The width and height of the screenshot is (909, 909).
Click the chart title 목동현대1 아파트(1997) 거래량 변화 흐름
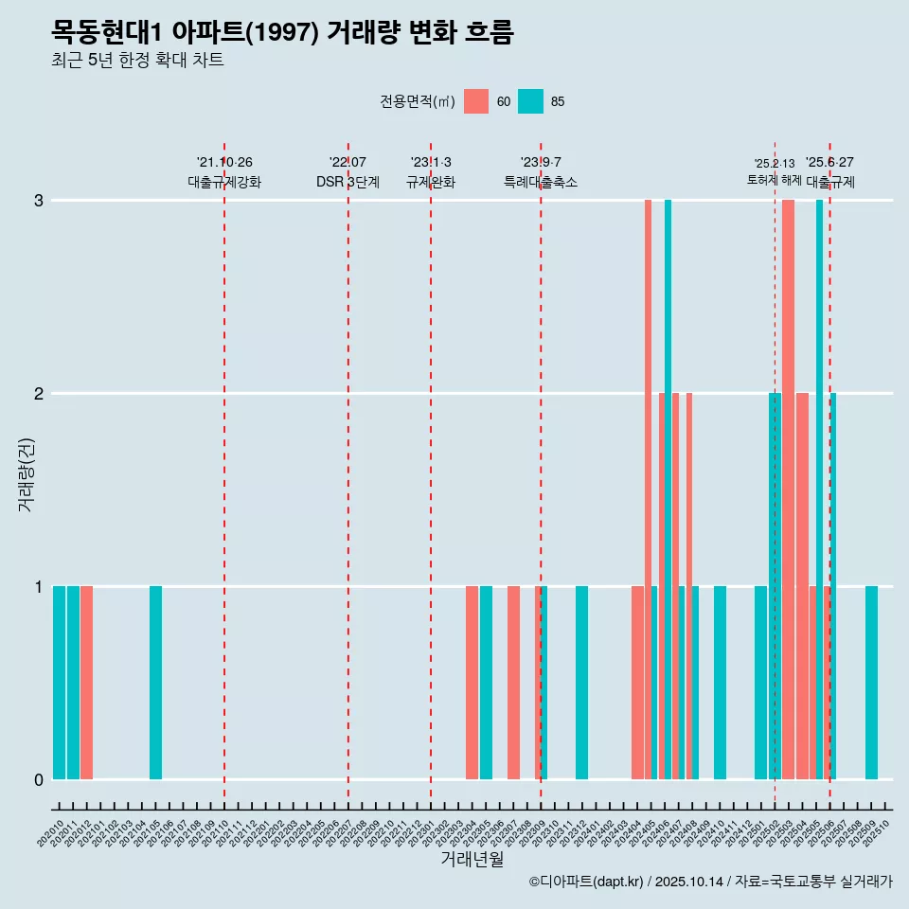coord(282,33)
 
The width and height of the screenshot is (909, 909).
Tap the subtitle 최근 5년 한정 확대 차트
coord(137,62)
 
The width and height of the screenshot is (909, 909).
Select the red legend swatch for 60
coord(476,101)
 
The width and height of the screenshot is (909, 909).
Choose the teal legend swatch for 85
coord(531,101)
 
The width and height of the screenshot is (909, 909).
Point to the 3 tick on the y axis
coord(39,201)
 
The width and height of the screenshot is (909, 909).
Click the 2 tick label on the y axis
coord(39,393)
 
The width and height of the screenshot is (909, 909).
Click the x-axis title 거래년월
coord(472,859)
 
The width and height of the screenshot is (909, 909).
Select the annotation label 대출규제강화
coord(223,182)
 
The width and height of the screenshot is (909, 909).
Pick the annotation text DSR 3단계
coord(348,182)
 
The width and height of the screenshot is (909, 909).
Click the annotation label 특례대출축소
coord(540,182)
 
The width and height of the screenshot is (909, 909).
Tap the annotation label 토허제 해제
coord(774,180)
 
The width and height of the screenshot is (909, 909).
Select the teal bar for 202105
coord(155,682)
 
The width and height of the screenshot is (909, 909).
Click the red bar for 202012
coord(86,682)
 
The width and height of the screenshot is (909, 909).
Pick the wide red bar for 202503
coord(788,489)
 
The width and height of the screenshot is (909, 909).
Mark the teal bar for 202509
coord(871,682)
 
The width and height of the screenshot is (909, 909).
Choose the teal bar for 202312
coord(581,682)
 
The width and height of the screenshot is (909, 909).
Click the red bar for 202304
coord(472,682)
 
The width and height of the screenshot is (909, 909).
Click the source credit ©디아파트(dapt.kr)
coord(586,882)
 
